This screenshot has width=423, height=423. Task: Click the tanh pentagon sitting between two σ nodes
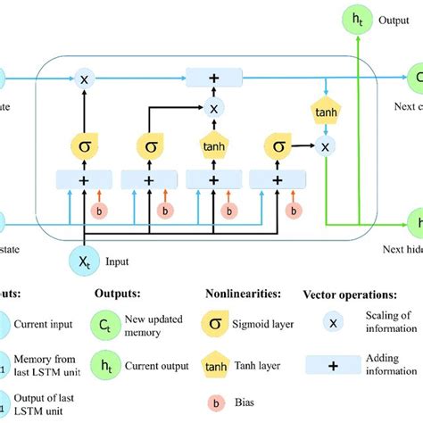point(213,145)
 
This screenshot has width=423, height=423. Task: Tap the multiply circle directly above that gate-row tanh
point(213,108)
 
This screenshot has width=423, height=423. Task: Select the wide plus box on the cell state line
point(213,78)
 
